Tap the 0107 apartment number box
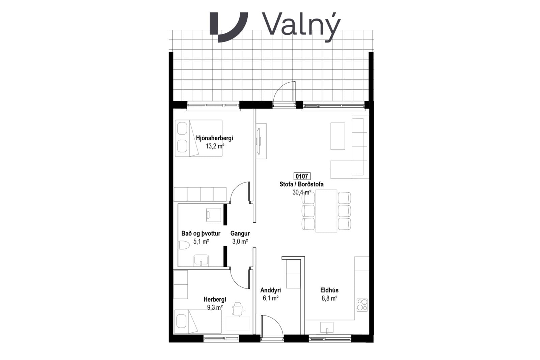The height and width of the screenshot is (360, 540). tap(302, 176)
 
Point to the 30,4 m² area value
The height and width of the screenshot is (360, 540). tap(302, 192)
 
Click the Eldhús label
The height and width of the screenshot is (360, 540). tap(329, 290)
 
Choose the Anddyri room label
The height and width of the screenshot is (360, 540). tap(270, 290)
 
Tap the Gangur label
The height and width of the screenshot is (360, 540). tap(240, 233)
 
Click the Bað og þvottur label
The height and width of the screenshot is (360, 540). tap(201, 233)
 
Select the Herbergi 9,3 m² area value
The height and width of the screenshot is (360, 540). tap(215, 307)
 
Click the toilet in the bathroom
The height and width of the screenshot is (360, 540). tap(183, 245)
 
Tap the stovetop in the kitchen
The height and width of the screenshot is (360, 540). tap(362, 305)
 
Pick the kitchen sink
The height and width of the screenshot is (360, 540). tap(327, 328)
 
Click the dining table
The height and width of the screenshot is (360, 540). tap(326, 211)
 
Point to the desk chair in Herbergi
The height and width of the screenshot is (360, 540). tap(238, 309)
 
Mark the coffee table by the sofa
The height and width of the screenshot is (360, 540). tap(337, 136)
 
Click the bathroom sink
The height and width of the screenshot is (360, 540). tap(201, 260)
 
